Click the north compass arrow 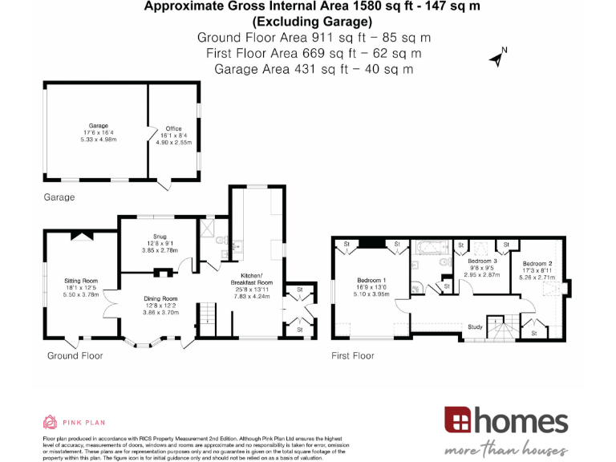coord(497,57)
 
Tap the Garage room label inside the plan coord(99,126)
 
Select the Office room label coord(174,128)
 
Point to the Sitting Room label coord(80,281)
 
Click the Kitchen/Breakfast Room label coord(253,282)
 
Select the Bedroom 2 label coord(537,264)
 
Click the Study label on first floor coord(476,326)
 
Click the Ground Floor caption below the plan coord(73,355)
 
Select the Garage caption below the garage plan coord(59,197)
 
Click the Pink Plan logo coord(74,422)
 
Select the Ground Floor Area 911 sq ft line coord(314,38)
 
